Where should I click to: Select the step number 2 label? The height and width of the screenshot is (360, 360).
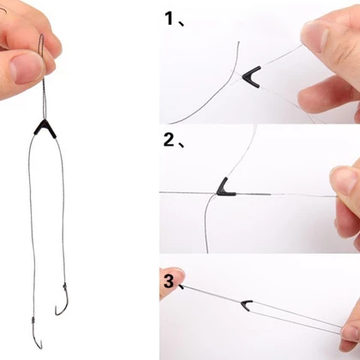pyautogui.click(x=170, y=140)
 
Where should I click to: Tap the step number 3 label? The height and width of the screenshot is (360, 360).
pyautogui.click(x=169, y=281)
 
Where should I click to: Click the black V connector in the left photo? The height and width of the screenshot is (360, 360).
pyautogui.click(x=45, y=129)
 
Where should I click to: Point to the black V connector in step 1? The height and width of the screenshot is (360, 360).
pyautogui.click(x=251, y=76)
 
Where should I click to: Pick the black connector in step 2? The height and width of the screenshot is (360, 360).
pyautogui.click(x=225, y=189)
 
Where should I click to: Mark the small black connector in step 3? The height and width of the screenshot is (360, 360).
pyautogui.click(x=246, y=305)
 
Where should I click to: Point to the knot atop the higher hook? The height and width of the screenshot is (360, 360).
pyautogui.click(x=65, y=285)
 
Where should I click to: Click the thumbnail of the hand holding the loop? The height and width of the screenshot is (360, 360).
pyautogui.click(x=27, y=68)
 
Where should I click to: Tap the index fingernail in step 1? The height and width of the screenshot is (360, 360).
pyautogui.click(x=315, y=36)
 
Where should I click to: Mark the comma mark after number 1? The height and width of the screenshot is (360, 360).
pyautogui.click(x=181, y=23)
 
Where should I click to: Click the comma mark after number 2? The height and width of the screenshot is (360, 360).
pyautogui.click(x=182, y=145)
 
